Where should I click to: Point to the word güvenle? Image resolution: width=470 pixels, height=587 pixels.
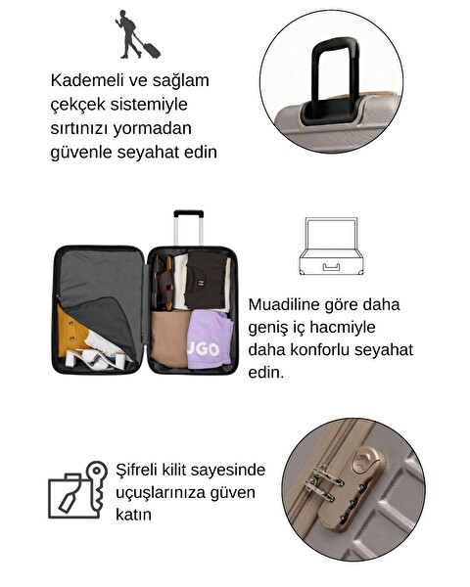[x=81, y=152]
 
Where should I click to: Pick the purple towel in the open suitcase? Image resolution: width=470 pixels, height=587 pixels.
[x=209, y=339]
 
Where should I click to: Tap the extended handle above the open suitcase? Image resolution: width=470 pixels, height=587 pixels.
[x=188, y=226]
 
